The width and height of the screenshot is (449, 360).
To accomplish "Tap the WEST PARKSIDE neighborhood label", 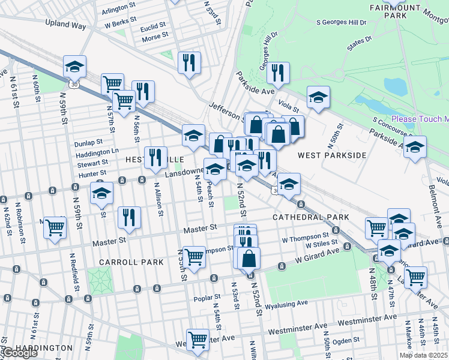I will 332,155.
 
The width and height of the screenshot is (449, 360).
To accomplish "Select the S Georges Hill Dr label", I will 341,22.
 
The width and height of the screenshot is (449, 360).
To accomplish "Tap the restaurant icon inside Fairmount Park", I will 278,73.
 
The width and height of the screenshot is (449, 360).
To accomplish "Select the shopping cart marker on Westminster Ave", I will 197,339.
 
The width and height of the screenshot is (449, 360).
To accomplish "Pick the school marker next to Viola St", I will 318,97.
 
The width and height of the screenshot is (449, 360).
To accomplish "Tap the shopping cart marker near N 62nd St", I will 55,227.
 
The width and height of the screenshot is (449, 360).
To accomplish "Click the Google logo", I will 20,353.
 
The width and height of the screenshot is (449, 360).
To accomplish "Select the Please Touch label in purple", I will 420,119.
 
